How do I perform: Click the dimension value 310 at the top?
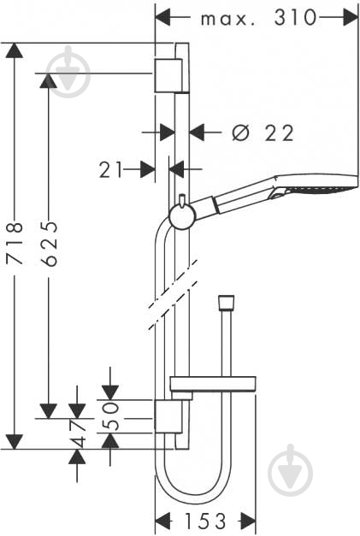pyautogui.click(x=295, y=18)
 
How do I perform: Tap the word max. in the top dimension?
pyautogui.click(x=227, y=20)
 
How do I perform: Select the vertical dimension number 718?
pyautogui.click(x=15, y=244)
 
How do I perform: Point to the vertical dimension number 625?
pyautogui.click(x=50, y=244)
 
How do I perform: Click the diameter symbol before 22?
pyautogui.click(x=240, y=133)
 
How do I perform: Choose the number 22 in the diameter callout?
pyautogui.click(x=280, y=133)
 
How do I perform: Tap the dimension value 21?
pyautogui.click(x=110, y=170)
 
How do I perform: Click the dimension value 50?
pyautogui.click(x=111, y=415)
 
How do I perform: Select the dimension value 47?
pyautogui.click(x=78, y=433)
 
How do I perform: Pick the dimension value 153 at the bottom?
pyautogui.click(x=205, y=521)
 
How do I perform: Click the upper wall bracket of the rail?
pyautogui.click(x=168, y=75)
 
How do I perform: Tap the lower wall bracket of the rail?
pyautogui.click(x=168, y=416)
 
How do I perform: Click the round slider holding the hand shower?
pyautogui.click(x=182, y=217)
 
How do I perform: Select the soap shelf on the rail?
pyautogui.click(x=213, y=384)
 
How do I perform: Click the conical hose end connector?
pyautogui.click(x=226, y=303)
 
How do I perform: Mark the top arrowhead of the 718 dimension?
pyautogui.click(x=14, y=50)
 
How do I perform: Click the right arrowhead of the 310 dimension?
pyautogui.click(x=350, y=17)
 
